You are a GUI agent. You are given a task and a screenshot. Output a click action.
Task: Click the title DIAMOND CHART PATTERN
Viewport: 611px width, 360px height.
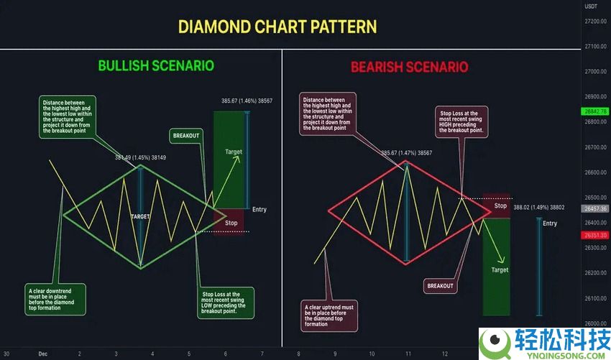click(x=277, y=27)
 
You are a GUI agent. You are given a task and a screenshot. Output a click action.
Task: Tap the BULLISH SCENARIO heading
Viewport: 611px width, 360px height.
click(x=156, y=65)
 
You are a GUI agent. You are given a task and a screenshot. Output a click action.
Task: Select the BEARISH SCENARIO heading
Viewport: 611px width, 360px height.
click(x=409, y=67)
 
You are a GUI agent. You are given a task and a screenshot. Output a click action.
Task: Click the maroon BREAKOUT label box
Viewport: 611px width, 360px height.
click(x=440, y=285)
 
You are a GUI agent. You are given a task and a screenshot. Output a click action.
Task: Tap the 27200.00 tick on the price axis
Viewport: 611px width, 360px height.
click(x=596, y=21)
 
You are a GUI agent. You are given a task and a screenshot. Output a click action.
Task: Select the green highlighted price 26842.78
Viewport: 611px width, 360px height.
click(x=596, y=111)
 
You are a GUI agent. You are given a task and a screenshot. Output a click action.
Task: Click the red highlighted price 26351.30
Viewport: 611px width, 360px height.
click(x=596, y=235)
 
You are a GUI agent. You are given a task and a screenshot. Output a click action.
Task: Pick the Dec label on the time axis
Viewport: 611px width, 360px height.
click(x=43, y=354)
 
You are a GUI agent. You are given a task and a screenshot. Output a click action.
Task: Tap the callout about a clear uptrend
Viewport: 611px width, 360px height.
click(x=329, y=315)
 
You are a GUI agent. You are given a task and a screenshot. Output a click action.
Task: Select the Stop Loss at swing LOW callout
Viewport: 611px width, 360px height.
click(x=224, y=302)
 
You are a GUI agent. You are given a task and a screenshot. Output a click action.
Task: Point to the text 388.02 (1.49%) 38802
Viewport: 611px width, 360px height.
click(x=538, y=208)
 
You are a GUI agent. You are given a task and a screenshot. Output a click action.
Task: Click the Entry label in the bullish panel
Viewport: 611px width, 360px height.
click(x=259, y=209)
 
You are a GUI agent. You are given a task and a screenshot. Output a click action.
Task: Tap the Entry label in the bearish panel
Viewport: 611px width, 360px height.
click(x=549, y=223)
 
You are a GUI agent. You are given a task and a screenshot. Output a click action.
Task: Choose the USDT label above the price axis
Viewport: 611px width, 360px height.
click(x=592, y=6)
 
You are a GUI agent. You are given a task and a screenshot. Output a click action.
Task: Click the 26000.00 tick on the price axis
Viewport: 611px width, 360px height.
click(x=596, y=324)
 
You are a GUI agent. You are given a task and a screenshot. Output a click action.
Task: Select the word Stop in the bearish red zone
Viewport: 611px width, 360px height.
click(x=500, y=206)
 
